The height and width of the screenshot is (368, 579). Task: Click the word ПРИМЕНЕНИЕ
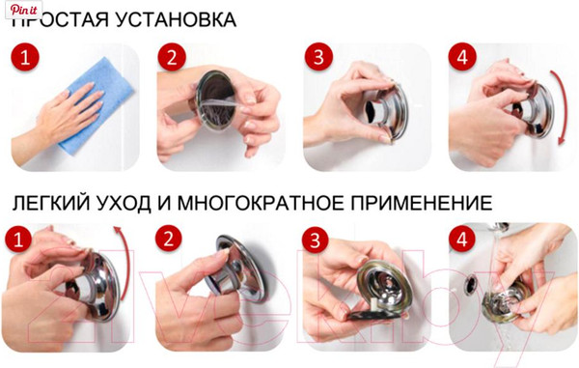(x=429, y=203)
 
